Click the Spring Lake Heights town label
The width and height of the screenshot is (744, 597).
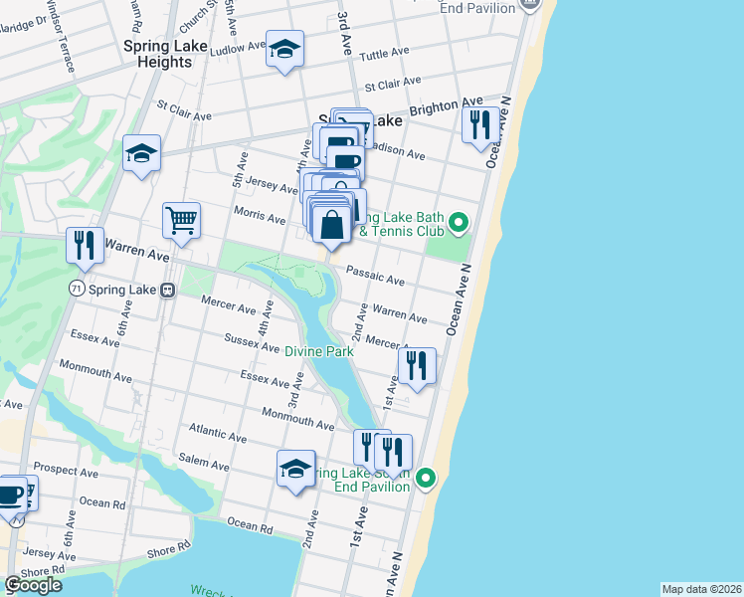[157, 54]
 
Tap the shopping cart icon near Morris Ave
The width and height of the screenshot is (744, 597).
[181, 220]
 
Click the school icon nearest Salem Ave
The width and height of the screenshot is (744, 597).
[295, 469]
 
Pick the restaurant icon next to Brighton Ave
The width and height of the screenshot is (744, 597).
[479, 124]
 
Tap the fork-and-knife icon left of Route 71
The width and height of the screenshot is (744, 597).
[84, 245]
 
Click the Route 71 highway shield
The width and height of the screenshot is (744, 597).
[76, 288]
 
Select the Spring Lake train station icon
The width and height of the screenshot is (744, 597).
[168, 290]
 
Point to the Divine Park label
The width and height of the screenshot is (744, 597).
[319, 351]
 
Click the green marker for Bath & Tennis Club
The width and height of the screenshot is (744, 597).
[458, 222]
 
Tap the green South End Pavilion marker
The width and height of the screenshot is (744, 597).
[426, 479]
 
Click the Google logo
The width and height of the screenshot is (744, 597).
[33, 585]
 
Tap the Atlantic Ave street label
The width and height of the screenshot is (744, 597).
[218, 434]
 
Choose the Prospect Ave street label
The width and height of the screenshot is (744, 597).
[63, 467]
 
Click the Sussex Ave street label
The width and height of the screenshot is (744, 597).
[253, 345]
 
